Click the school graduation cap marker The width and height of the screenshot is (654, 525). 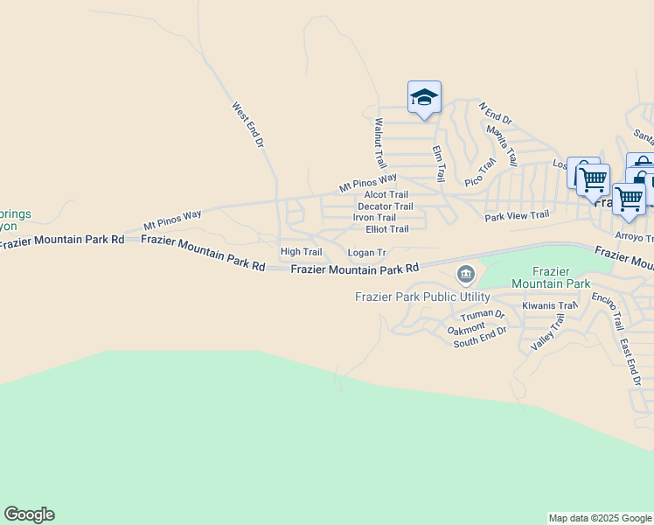pyautogui.click(x=424, y=97)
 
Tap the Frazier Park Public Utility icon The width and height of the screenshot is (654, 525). pyautogui.click(x=465, y=276)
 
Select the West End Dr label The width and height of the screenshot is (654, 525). pyautogui.click(x=247, y=124)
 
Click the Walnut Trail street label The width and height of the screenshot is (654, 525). pyautogui.click(x=379, y=143)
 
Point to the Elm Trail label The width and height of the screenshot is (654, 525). pyautogui.click(x=439, y=163)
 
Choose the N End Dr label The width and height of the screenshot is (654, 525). pyautogui.click(x=495, y=113)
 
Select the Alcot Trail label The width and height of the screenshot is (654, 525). pyautogui.click(x=386, y=195)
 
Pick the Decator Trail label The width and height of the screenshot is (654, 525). pyautogui.click(x=386, y=206)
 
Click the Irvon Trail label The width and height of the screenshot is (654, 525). pyautogui.click(x=374, y=218)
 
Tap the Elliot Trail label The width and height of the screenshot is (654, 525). pyautogui.click(x=386, y=229)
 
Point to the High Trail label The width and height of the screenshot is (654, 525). pyautogui.click(x=301, y=252)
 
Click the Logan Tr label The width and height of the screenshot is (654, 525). pyautogui.click(x=366, y=253)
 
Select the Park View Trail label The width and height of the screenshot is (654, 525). pyautogui.click(x=517, y=215)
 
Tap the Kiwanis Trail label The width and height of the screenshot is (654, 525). pyautogui.click(x=550, y=305)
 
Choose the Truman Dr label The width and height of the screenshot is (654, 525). pyautogui.click(x=483, y=315)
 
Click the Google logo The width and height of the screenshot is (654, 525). pyautogui.click(x=29, y=514)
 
